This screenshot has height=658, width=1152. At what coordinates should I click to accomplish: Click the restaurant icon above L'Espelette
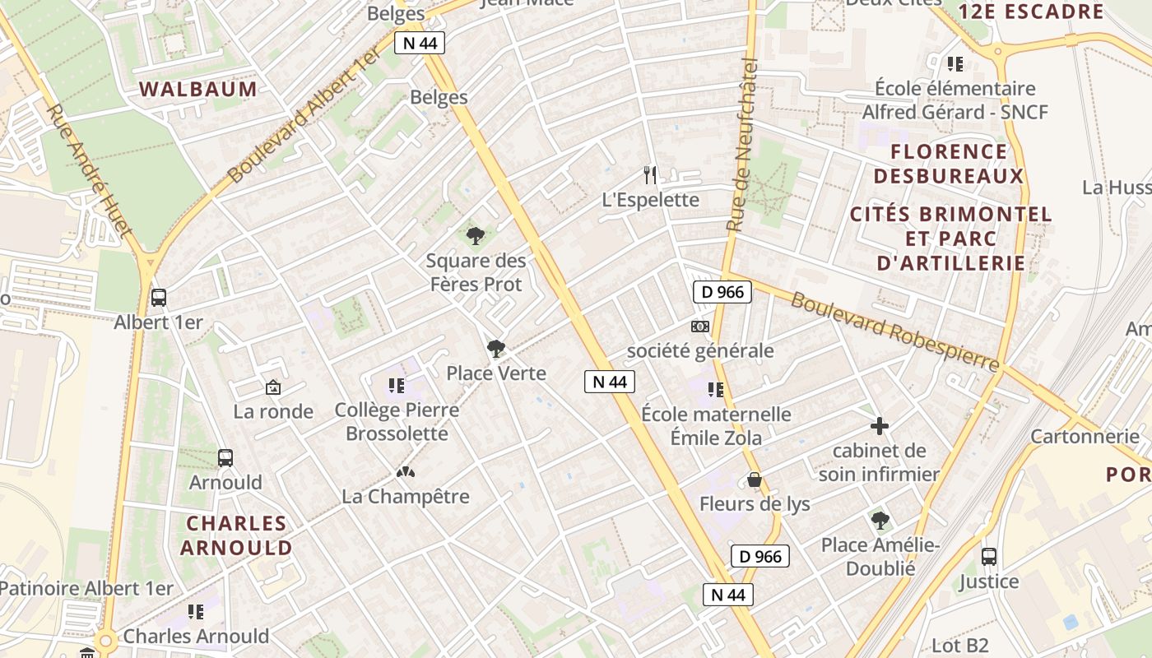coord(650,174)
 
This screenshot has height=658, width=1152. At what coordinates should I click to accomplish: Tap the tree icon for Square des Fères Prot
coord(476,237)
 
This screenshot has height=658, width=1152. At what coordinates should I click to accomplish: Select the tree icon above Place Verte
coord(495,349)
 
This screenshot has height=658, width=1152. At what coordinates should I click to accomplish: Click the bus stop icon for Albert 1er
coord(159,298)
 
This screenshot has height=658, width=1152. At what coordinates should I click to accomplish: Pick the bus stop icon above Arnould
coord(225,457)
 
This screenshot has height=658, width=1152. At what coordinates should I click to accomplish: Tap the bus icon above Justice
coord(989,557)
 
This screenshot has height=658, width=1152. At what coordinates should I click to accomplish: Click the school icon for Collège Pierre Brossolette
coord(397,385)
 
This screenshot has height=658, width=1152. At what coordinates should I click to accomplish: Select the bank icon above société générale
coord(699,327)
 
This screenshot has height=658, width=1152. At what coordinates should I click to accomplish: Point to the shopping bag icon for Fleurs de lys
coord(755,480)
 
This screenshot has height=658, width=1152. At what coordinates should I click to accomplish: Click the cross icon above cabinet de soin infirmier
coord(880,426)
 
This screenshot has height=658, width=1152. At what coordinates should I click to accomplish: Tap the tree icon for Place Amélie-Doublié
coord(880,520)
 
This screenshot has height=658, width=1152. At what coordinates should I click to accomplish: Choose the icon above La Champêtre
coord(405,472)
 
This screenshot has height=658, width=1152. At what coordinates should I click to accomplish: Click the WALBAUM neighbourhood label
coord(197,89)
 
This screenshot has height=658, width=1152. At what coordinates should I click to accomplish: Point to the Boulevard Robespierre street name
coord(894,331)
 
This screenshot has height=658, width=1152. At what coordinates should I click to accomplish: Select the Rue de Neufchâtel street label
coord(744,144)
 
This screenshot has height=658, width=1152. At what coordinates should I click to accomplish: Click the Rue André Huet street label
coord(88,171)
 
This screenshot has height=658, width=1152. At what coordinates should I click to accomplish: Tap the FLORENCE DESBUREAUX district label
coord(949,164)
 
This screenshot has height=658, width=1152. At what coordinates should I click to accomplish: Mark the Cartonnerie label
coord(1085,436)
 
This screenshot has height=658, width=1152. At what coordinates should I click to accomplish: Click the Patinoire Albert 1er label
coord(86,588)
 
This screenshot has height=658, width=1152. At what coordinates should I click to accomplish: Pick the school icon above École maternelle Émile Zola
coord(716,389)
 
